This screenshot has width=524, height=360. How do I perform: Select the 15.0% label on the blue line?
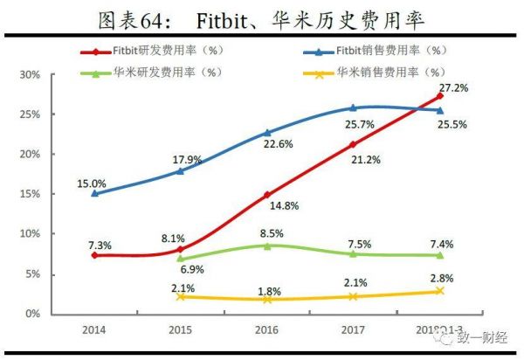click(x=93, y=183)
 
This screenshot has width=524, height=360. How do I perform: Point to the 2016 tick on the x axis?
click(x=266, y=331)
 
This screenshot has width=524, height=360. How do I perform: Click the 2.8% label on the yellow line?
click(x=441, y=277)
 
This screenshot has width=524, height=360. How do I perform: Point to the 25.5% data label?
click(x=452, y=125)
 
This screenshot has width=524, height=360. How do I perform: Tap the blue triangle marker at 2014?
click(x=94, y=193)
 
